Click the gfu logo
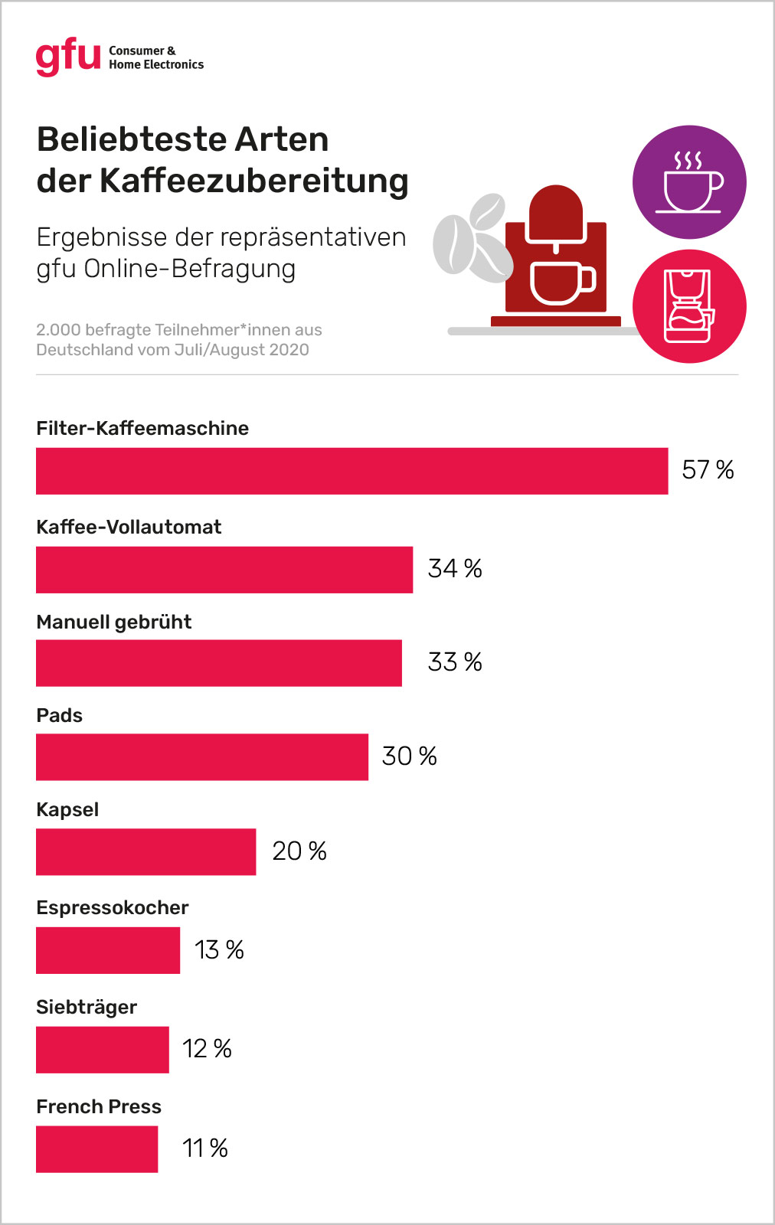click(x=68, y=57)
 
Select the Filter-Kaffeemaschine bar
click(x=352, y=471)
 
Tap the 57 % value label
click(x=708, y=469)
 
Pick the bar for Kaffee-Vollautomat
click(x=224, y=570)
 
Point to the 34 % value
click(x=455, y=568)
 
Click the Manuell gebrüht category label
click(x=114, y=622)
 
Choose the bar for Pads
click(x=202, y=757)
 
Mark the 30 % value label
click(x=409, y=756)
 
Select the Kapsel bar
click(x=146, y=851)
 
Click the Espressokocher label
click(x=113, y=907)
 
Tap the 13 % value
click(x=219, y=950)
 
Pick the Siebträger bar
click(x=103, y=1050)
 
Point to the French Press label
click(x=99, y=1106)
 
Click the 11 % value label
click(x=205, y=1148)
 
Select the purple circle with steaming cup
click(x=689, y=182)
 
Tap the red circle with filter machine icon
click(x=689, y=306)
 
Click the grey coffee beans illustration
click(x=473, y=237)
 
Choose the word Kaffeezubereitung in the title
click(x=254, y=181)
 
